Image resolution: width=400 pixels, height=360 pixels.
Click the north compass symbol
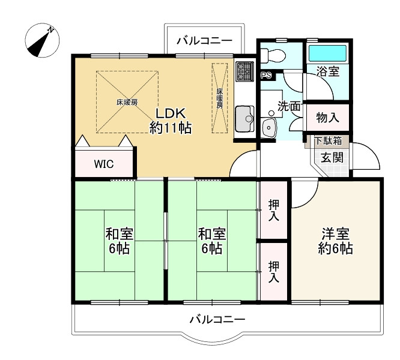pyautogui.click(x=42, y=40)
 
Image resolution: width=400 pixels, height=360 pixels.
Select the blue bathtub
pyautogui.click(x=327, y=53)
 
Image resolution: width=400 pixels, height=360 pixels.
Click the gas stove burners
pyautogui.click(x=244, y=71)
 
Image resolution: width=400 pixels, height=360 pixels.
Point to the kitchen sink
pyautogui.click(x=244, y=118)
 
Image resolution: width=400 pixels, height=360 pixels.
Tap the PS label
pyautogui.click(x=267, y=76)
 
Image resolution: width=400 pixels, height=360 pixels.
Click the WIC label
pyautogui.click(x=104, y=164)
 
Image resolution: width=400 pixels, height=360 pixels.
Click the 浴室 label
pyautogui.click(x=328, y=71)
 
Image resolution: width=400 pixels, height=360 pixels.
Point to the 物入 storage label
pyautogui.click(x=328, y=118)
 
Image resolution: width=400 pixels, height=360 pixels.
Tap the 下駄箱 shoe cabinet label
pyautogui.click(x=328, y=140)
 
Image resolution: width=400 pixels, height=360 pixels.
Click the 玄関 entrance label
pyautogui.click(x=332, y=157)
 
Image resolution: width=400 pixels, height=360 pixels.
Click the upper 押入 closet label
pyautogui.click(x=274, y=210)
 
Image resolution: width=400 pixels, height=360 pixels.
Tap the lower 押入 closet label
pyautogui.click(x=274, y=272)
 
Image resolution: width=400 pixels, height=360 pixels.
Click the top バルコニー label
pyautogui.click(x=205, y=40)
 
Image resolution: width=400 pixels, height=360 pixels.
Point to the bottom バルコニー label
pyautogui.click(x=217, y=319)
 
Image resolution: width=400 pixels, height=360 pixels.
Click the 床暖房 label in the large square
pyautogui.click(x=127, y=103)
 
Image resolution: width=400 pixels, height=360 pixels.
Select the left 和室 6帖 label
pyautogui.click(x=120, y=241)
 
